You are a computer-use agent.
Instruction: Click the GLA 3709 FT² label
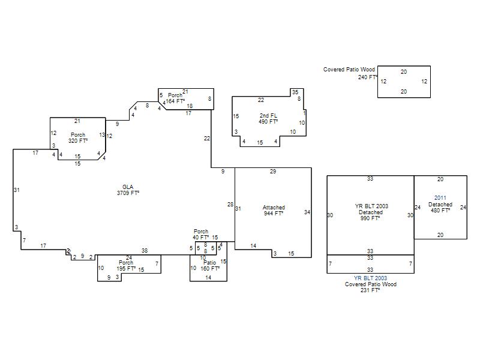tap(128, 190)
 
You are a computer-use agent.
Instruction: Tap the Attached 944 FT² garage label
tap(274, 211)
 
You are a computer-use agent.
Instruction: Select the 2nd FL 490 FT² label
tap(268, 118)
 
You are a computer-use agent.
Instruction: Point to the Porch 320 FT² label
tap(78, 138)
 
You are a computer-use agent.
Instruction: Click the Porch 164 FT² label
tap(175, 98)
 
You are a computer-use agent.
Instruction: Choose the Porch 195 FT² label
tap(126, 266)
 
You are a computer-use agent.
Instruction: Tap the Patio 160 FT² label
tap(210, 266)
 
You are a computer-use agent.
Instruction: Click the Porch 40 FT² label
tap(201, 235)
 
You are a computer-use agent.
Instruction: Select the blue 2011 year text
tap(440, 197)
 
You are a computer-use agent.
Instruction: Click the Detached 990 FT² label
tap(371, 215)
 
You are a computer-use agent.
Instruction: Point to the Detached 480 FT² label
tap(440, 208)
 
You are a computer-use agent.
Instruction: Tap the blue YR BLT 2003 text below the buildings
tap(370, 278)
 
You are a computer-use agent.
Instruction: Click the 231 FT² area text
tap(370, 290)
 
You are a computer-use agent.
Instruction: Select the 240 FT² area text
tap(367, 77)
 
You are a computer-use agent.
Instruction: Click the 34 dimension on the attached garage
tap(307, 212)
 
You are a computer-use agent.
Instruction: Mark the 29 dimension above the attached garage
tap(273, 172)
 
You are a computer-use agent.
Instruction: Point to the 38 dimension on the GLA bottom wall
tap(144, 250)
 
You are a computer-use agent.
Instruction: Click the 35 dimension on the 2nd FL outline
tap(295, 92)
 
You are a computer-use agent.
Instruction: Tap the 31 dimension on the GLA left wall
tap(17, 190)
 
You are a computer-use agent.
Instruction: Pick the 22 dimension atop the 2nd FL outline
tap(261, 100)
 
